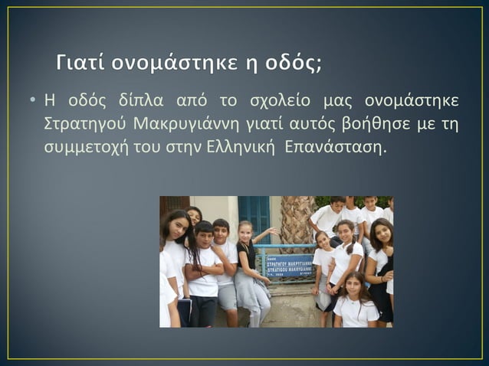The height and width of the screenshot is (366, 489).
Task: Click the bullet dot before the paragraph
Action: point(34,102)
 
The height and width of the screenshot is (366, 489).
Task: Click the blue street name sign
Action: point(289,265)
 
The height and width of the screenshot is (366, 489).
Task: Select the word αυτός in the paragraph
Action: point(304,124)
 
